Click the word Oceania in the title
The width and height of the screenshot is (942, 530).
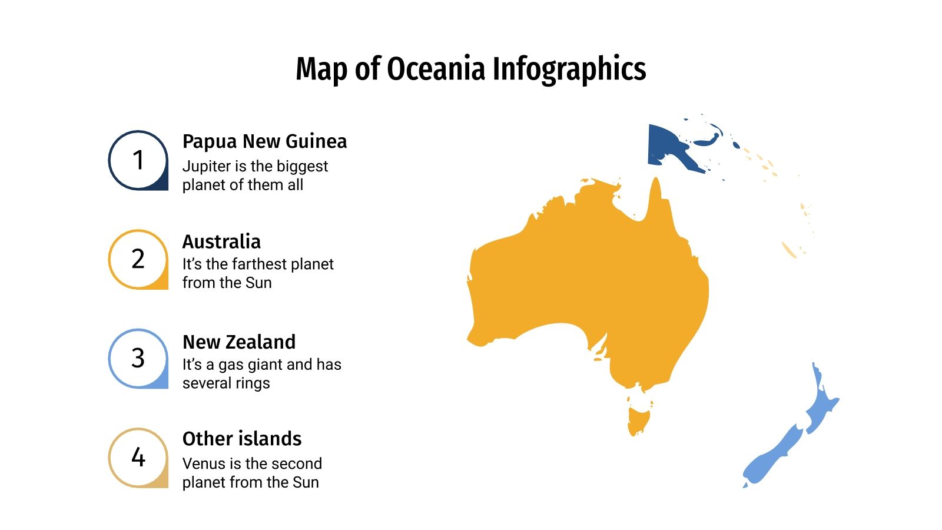(x=436, y=69)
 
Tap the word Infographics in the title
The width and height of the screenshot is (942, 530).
(x=569, y=69)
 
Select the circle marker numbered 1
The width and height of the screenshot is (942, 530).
(x=138, y=160)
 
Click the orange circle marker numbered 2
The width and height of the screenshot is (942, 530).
(x=138, y=259)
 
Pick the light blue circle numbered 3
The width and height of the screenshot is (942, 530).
(x=138, y=358)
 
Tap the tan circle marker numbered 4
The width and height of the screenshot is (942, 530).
(x=138, y=457)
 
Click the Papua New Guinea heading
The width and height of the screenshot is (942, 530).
(x=264, y=141)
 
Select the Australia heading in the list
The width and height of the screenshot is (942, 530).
(x=221, y=241)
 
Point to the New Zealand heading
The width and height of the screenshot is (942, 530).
(x=239, y=342)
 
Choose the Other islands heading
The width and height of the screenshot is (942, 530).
(x=242, y=439)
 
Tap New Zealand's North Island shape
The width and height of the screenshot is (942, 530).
(x=821, y=406)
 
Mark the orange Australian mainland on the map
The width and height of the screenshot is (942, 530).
(x=589, y=283)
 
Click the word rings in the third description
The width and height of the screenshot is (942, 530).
(x=253, y=383)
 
